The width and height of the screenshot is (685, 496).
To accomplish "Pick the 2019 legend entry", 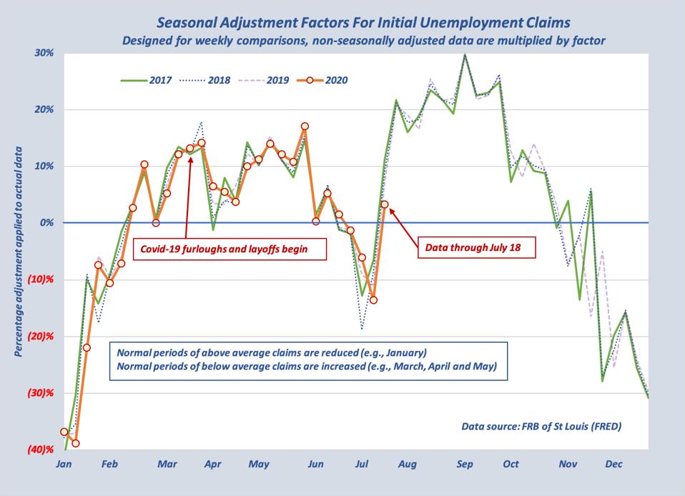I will [x=264, y=80].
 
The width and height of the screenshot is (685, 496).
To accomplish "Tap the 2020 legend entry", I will [x=322, y=80].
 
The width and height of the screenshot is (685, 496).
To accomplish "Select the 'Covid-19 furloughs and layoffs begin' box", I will [x=229, y=249].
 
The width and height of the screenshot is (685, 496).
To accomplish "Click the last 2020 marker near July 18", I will [x=385, y=204].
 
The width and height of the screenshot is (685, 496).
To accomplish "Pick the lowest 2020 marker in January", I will [x=76, y=443].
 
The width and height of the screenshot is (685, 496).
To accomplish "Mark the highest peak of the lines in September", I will [x=465, y=54].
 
